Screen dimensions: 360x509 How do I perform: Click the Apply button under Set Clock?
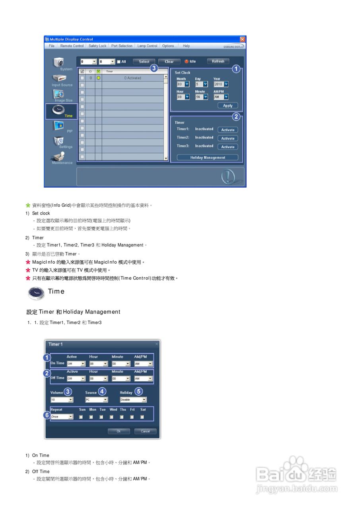coord(228,106)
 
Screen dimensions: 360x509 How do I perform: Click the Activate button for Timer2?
coord(228,138)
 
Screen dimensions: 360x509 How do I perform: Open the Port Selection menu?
coord(122,46)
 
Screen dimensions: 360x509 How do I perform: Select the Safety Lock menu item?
coord(97,46)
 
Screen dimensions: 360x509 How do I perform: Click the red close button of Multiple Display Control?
coord(243,39)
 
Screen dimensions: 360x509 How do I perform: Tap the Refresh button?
coord(218,62)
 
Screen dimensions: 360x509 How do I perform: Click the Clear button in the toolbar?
coord(169,62)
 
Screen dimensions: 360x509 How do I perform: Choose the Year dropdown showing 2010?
coord(221,84)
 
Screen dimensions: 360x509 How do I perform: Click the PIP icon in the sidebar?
coord(60,127)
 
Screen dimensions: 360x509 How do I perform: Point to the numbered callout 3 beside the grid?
coord(154,68)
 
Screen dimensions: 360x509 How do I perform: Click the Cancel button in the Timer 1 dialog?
coord(145,431)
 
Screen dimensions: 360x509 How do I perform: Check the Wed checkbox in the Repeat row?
coord(111,417)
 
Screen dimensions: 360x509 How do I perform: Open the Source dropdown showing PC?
coord(96,400)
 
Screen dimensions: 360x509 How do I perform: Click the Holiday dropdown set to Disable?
coord(133,400)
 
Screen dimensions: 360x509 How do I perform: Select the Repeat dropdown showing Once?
coord(62,417)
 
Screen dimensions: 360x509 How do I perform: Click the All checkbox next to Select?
coord(119,62)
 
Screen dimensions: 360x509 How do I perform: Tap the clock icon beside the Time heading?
coord(36,293)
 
